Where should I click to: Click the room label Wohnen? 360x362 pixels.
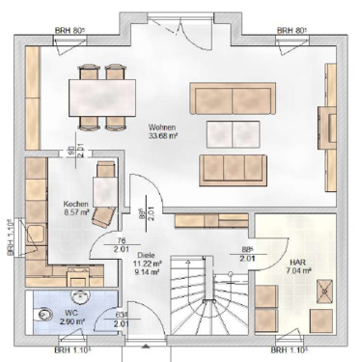[x=161, y=125]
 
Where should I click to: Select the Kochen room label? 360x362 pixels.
[x=76, y=204]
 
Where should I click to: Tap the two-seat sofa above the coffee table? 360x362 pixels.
[x=231, y=98]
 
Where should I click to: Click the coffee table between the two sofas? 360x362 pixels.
[x=233, y=132]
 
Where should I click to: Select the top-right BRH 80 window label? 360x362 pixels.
[x=291, y=31]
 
